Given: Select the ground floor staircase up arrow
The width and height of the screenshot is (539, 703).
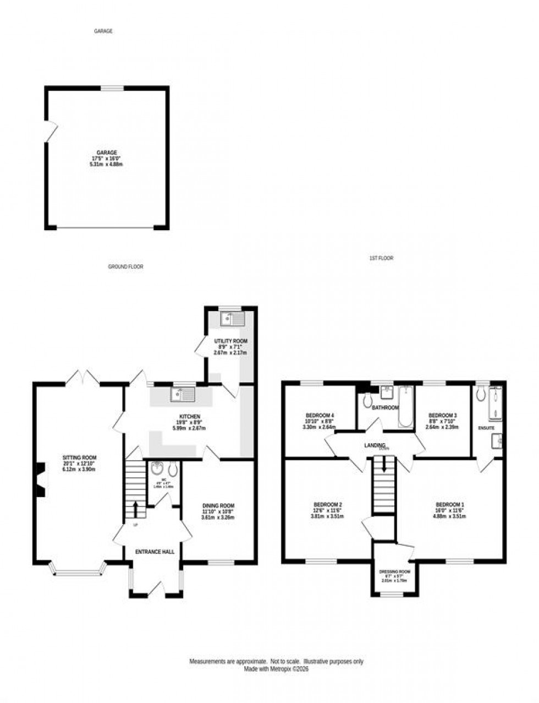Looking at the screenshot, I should [x=135, y=509].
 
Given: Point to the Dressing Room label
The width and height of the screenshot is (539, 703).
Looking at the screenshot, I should [x=395, y=571].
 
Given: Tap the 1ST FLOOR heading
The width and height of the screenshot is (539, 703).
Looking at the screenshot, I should [x=381, y=258].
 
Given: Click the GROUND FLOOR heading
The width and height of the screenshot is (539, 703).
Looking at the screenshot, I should [x=125, y=266].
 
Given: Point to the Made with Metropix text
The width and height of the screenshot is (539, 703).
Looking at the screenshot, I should [x=277, y=669].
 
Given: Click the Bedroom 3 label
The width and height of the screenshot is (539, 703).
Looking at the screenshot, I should [x=442, y=415].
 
